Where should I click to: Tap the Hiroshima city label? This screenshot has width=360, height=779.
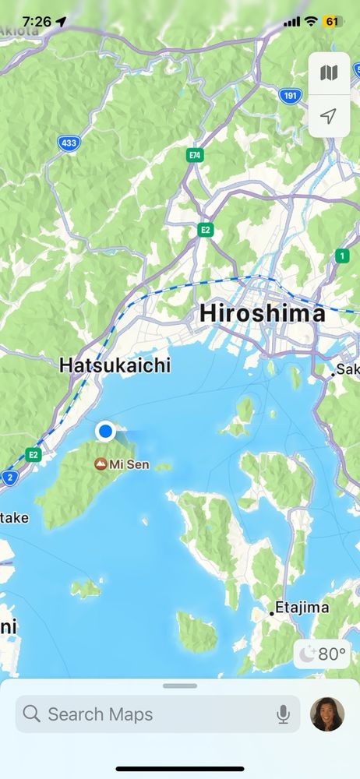(262, 313)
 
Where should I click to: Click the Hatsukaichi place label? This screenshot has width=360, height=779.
(115, 365)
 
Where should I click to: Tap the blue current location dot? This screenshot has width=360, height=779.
(105, 431)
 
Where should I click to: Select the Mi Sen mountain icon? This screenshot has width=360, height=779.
(101, 464)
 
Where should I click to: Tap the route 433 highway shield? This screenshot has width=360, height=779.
(68, 143)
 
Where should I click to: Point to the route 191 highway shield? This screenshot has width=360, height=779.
(290, 96)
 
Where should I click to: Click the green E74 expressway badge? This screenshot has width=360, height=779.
(195, 156)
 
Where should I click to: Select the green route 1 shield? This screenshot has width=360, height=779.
(342, 256)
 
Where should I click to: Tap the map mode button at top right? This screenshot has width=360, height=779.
(329, 73)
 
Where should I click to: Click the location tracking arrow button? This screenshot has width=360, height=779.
(329, 117)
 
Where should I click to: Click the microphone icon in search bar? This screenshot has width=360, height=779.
(283, 714)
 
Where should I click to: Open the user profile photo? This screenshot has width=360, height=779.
(327, 714)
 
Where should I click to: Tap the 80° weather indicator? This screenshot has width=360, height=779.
(322, 654)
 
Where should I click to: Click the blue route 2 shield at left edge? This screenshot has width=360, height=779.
(9, 478)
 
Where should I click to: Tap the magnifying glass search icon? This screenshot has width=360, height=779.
(32, 714)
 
